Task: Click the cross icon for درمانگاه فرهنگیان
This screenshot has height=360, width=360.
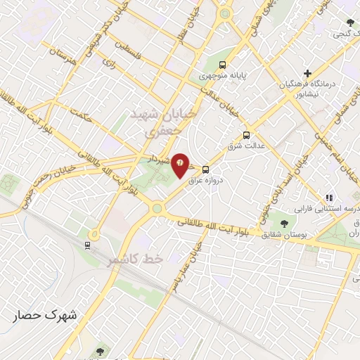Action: point(307,73)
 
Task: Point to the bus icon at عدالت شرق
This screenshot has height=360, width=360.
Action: point(246,135)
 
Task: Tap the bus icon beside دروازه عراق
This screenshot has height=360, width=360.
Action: point(205,169)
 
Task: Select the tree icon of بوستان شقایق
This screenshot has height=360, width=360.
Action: point(283,224)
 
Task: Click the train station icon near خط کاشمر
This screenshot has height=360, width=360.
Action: point(86,245)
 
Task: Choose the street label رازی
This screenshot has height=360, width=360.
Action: point(108,63)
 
